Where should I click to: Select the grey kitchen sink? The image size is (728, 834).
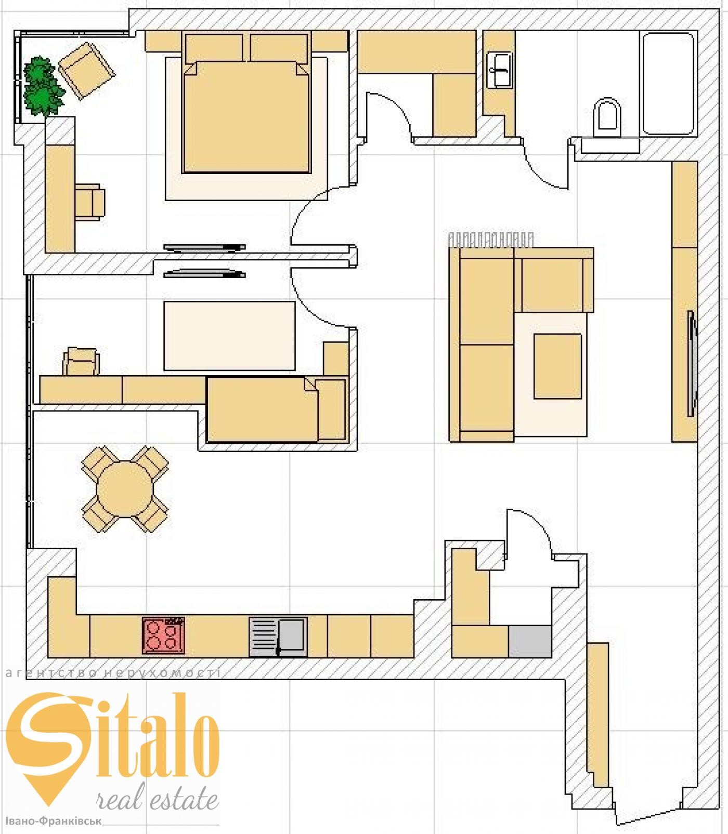tap(278, 637)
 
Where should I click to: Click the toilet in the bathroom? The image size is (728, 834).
tap(607, 118)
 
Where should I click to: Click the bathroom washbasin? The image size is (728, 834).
tap(500, 70)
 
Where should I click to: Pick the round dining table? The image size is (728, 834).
tap(125, 489)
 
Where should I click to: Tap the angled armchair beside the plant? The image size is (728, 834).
tap(87, 70)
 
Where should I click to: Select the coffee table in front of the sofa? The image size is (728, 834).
tap(557, 366)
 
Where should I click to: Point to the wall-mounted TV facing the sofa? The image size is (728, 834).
tap(692, 363)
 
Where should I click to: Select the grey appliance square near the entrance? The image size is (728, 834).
tap(530, 641)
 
